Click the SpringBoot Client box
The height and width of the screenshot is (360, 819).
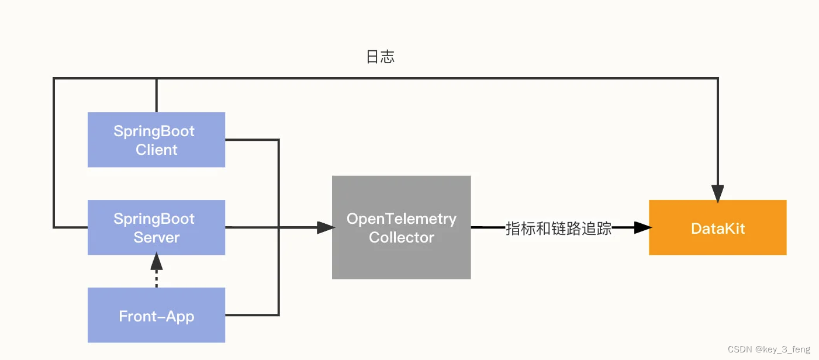pyautogui.click(x=156, y=140)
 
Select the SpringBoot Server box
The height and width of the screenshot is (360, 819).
pyautogui.click(x=156, y=227)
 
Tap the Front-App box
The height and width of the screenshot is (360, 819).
pyautogui.click(x=156, y=316)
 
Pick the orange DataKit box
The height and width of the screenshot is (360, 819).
pyautogui.click(x=717, y=227)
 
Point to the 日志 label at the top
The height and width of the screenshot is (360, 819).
pyautogui.click(x=381, y=57)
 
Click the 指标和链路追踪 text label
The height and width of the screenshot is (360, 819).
pyautogui.click(x=558, y=229)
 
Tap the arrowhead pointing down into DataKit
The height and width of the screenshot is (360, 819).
pyautogui.click(x=717, y=193)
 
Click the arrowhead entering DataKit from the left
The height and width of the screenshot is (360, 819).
pyautogui.click(x=642, y=227)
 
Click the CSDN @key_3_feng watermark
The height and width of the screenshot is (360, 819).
pyautogui.click(x=769, y=349)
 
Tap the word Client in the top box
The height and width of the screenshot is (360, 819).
pyautogui.click(x=156, y=150)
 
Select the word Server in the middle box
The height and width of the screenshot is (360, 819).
pyautogui.click(x=156, y=237)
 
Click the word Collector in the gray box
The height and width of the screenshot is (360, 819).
pyautogui.click(x=402, y=237)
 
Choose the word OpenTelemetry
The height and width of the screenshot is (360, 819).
pyautogui.click(x=402, y=219)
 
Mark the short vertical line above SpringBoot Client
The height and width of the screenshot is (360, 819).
pyautogui.click(x=156, y=95)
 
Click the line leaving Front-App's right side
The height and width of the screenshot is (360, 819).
pyautogui.click(x=251, y=316)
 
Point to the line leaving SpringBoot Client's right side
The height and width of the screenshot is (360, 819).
pyautogui.click(x=251, y=140)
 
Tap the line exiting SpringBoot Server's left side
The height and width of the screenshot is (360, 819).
pyautogui.click(x=70, y=227)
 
